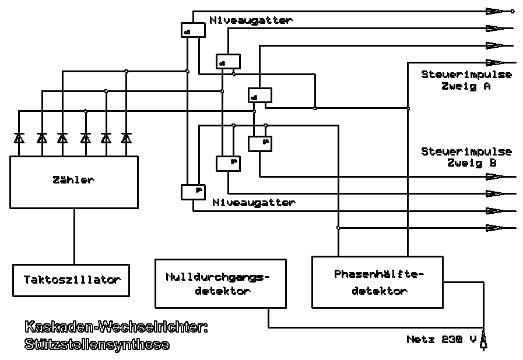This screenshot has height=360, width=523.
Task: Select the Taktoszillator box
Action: (x=71, y=280)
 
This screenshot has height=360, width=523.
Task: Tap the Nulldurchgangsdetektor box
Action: (x=221, y=283)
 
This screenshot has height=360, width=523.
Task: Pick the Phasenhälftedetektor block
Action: (x=377, y=281)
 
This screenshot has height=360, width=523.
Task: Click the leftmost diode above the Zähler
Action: (x=19, y=138)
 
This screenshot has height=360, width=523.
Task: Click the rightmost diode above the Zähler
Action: (x=126, y=138)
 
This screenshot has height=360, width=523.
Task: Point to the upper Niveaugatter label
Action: (x=251, y=20)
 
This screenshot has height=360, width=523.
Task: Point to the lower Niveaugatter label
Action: (x=254, y=203)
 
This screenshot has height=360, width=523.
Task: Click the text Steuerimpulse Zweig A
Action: (x=466, y=80)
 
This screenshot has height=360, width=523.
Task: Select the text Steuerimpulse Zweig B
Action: (x=466, y=157)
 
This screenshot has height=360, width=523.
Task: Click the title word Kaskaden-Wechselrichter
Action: (x=116, y=328)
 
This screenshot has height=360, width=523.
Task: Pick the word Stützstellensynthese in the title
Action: (x=97, y=344)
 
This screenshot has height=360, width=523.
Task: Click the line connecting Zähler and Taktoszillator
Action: (x=73, y=236)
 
